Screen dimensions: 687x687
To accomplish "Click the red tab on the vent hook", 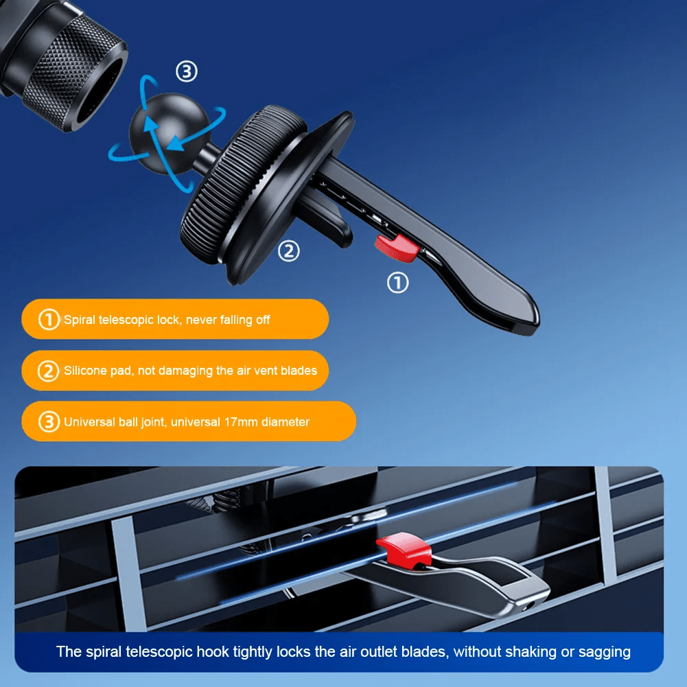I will click(x=403, y=550).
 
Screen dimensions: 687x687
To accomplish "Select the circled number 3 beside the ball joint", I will click(x=187, y=71).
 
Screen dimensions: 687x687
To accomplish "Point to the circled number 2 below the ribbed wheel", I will click(x=288, y=251).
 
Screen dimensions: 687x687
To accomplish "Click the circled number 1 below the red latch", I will click(x=397, y=282).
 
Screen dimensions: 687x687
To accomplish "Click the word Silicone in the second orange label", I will click(x=86, y=371).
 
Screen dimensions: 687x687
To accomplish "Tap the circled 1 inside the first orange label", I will click(x=48, y=320).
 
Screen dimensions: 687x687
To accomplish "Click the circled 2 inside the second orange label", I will click(x=48, y=371).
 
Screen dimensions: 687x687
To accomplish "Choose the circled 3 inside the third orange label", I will click(x=48, y=422).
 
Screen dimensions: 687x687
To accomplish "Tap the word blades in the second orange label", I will click(x=299, y=371).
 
